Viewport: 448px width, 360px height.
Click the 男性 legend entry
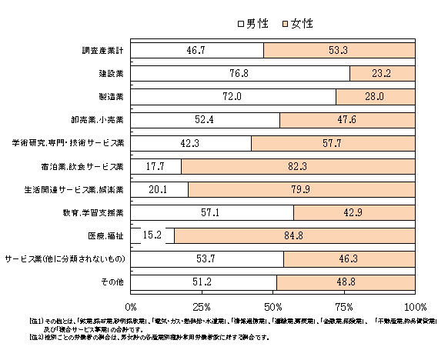point(253,24)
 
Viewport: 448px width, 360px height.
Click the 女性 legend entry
point(297,24)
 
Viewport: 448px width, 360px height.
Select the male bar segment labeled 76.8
point(241,73)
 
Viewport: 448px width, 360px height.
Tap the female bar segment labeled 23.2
point(383,73)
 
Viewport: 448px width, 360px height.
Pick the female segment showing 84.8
point(295,235)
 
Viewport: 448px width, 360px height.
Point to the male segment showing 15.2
point(153,235)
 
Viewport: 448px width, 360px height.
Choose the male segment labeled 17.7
point(156,166)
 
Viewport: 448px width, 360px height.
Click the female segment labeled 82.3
point(299,166)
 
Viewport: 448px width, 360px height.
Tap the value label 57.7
point(332,143)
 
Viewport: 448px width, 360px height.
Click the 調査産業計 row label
point(104,51)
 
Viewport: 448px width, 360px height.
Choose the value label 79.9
point(301,189)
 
